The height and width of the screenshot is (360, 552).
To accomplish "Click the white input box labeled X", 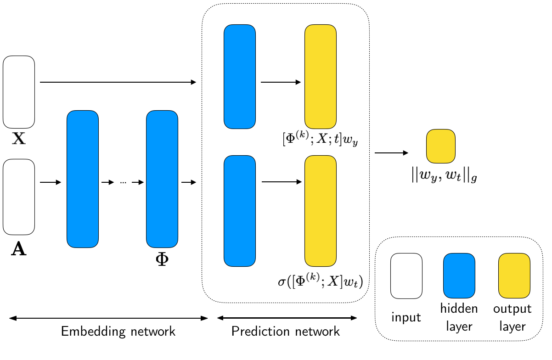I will pyautogui.click(x=19, y=92).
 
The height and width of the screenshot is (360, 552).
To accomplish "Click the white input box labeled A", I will pyautogui.click(x=19, y=197).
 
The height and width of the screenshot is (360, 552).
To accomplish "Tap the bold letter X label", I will pyautogui.click(x=19, y=139).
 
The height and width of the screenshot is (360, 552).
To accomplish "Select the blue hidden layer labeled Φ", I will pyautogui.click(x=162, y=179).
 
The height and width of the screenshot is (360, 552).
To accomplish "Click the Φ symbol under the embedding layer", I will pyautogui.click(x=162, y=260).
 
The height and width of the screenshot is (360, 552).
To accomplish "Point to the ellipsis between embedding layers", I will pyautogui.click(x=123, y=183).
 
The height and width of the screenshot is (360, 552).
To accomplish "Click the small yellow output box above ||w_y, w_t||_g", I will pyautogui.click(x=440, y=146).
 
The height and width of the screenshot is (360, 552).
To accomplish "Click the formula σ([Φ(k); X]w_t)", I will pyautogui.click(x=321, y=281).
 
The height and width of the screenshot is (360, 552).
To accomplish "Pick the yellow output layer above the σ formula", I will pyautogui.click(x=320, y=211).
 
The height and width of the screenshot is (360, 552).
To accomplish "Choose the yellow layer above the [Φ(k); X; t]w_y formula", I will pyautogui.click(x=320, y=76).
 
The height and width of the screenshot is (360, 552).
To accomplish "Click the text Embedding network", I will pyautogui.click(x=118, y=331).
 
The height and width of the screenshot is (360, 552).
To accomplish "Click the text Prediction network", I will pyautogui.click(x=286, y=331).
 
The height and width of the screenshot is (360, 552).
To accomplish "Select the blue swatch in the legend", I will pyautogui.click(x=459, y=276).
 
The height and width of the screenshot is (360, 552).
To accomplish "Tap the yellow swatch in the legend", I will pyautogui.click(x=514, y=276).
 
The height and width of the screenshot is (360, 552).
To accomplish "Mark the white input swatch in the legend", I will pyautogui.click(x=406, y=276).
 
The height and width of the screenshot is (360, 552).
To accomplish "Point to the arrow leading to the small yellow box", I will pyautogui.click(x=391, y=153).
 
